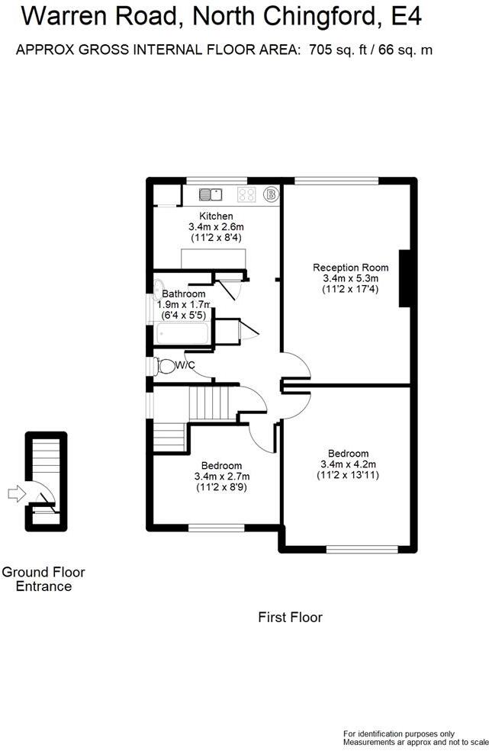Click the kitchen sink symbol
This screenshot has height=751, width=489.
pyautogui.click(x=210, y=194)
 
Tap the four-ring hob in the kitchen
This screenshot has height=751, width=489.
pyautogui.click(x=246, y=194)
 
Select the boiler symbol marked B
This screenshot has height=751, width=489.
pyautogui.click(x=270, y=194)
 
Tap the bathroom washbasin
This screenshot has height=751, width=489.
pyautogui.click(x=158, y=289)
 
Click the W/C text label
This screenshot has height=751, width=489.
pyautogui.click(x=185, y=366)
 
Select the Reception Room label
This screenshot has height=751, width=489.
pyautogui.click(x=350, y=268)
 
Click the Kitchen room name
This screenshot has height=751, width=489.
pyautogui.click(x=216, y=217)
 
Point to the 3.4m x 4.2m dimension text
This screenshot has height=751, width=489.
pyautogui.click(x=349, y=464)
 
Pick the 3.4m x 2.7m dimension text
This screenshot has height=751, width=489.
pyautogui.click(x=222, y=477)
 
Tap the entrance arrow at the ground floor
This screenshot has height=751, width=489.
pyautogui.click(x=14, y=494)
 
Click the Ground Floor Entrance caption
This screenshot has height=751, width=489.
pyautogui.click(x=43, y=579)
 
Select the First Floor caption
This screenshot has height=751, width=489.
pyautogui.click(x=290, y=617)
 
